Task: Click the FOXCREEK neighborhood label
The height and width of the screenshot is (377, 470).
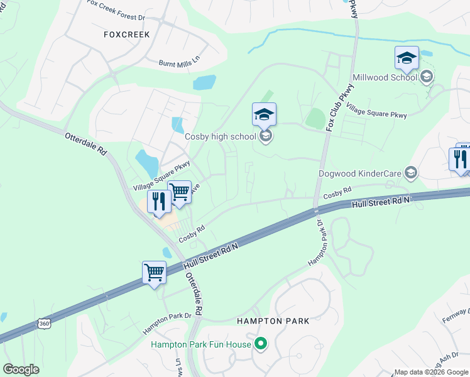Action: (x=127, y=35)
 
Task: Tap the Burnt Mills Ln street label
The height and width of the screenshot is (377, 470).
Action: (x=178, y=60)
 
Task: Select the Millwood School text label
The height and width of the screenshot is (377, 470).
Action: (x=385, y=77)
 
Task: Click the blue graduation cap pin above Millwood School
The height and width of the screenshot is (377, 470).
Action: (x=407, y=58)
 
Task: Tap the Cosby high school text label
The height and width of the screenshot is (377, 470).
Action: (x=220, y=136)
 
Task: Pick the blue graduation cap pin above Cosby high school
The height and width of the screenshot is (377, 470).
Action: (x=264, y=114)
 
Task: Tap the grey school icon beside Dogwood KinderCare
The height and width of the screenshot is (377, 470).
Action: (x=411, y=172)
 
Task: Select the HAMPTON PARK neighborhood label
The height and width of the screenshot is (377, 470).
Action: (x=273, y=321)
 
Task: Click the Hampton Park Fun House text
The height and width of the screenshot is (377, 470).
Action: (x=200, y=344)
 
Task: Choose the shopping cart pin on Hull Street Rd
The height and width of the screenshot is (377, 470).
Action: (x=154, y=273)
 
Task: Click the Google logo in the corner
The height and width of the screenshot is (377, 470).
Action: (x=21, y=369)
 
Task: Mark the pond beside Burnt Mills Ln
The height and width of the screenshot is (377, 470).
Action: (x=204, y=82)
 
